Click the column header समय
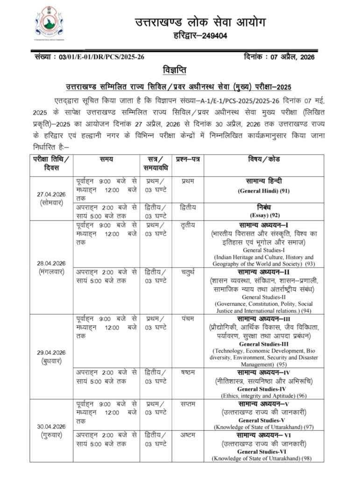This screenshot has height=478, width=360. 106,160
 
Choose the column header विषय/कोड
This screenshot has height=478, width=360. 277,160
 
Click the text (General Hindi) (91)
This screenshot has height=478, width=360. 263,191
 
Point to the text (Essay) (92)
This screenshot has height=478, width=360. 263,216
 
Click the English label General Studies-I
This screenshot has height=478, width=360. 264,250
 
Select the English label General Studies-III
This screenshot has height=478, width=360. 264,344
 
